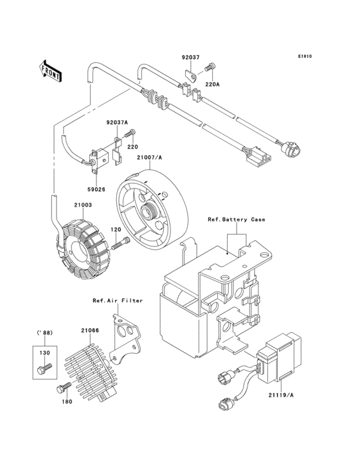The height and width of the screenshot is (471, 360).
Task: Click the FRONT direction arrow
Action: tap(51, 70)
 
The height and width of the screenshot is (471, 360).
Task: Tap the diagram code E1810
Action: tap(304, 56)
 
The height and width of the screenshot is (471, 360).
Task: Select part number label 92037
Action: tap(190, 57)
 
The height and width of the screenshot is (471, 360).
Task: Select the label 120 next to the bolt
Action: tap(117, 230)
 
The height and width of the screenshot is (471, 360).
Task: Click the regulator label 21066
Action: tap(89, 331)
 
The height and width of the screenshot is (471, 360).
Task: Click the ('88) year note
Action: tap(43, 333)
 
